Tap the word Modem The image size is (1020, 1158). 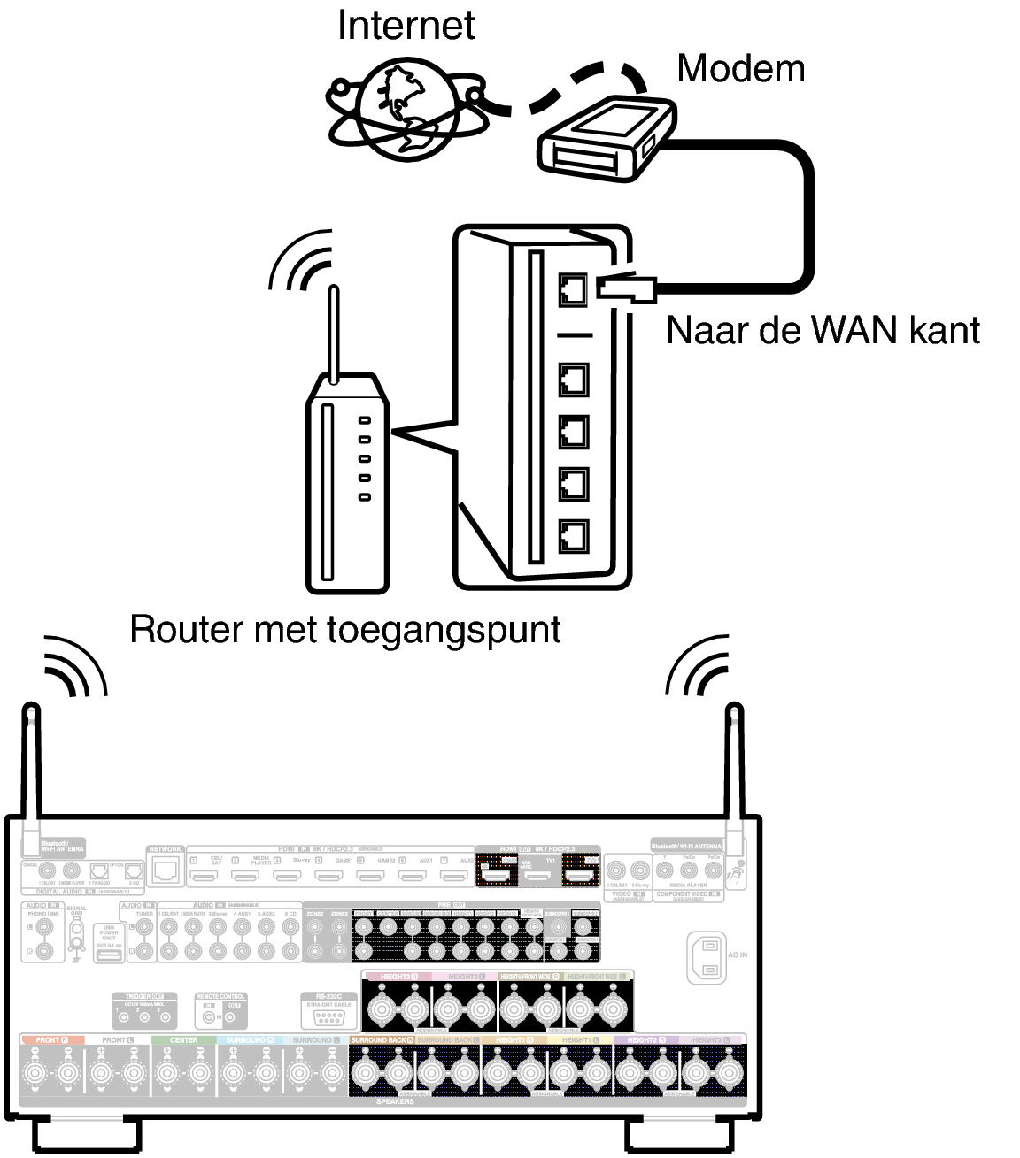740,68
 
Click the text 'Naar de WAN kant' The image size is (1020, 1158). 823,330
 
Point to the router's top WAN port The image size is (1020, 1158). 574,288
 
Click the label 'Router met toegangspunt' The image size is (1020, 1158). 345,629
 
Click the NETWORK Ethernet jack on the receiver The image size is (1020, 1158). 166,871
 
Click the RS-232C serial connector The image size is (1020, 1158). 328,1016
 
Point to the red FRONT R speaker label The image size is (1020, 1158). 51,1040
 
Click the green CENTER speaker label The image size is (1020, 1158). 183,1040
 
